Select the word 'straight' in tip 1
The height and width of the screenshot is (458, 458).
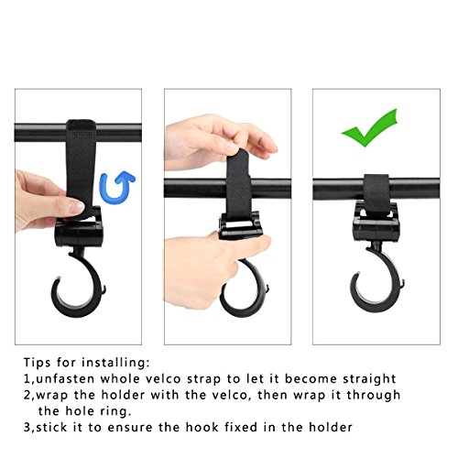coord(369,379)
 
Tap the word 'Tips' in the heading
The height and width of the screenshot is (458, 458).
coord(38,363)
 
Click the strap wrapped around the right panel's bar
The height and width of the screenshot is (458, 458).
coord(376,190)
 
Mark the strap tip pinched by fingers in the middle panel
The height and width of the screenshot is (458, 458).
coord(238,156)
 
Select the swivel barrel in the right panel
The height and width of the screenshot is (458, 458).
coord(376,230)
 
